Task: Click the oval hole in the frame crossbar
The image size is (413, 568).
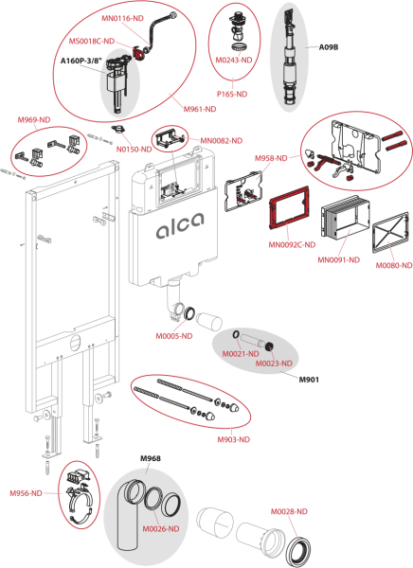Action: [x=74, y=336]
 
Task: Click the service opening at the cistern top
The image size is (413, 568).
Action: [x=171, y=186]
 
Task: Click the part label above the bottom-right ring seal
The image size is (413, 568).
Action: [x=290, y=511]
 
